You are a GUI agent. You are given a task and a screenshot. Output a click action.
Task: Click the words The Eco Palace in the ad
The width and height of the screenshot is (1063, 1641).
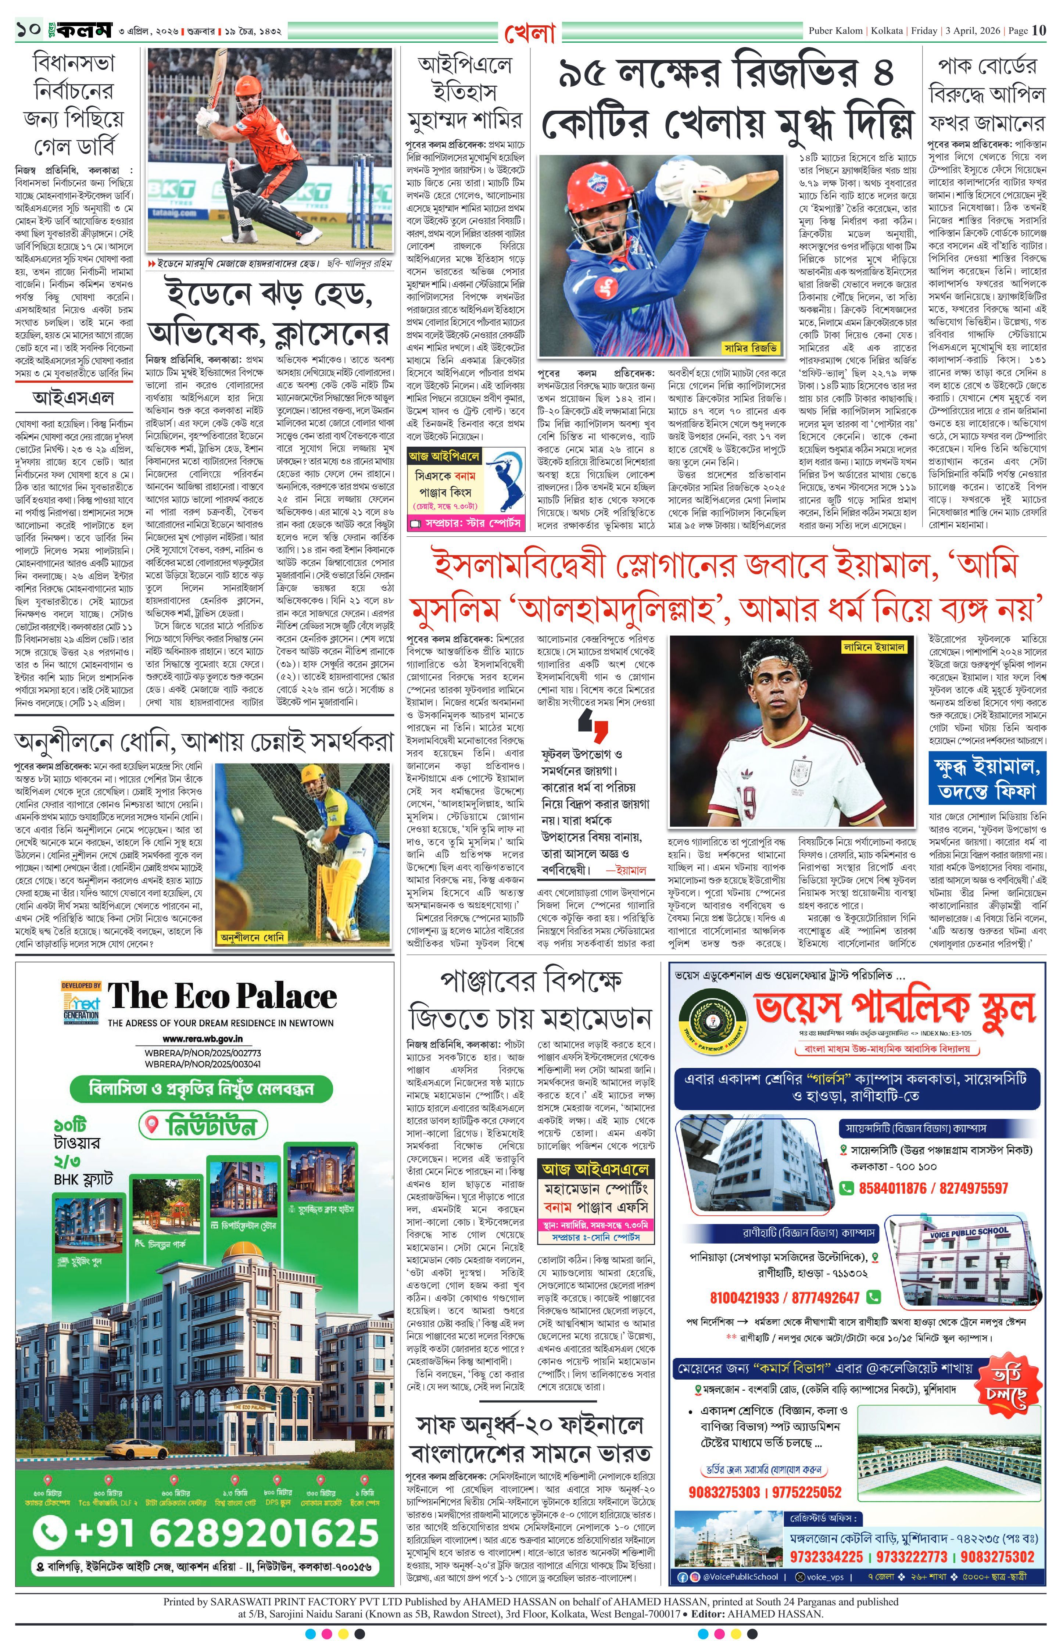click(222, 996)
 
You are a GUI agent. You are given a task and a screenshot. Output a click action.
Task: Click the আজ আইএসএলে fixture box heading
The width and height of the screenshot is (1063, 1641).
click(595, 1169)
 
